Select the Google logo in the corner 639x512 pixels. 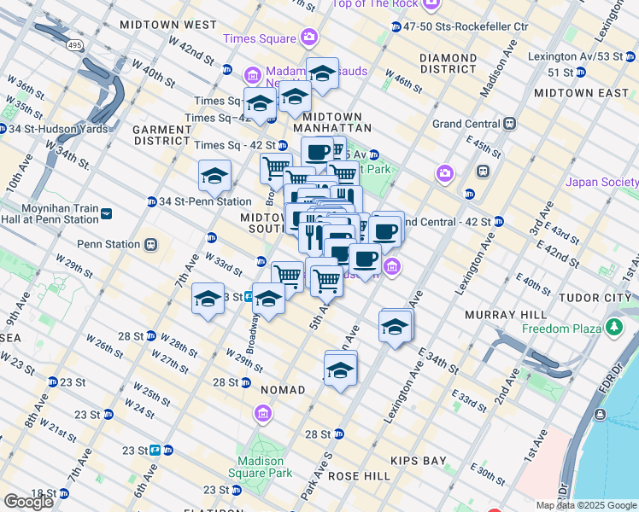[x=28, y=502]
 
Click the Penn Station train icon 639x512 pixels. [x=150, y=244]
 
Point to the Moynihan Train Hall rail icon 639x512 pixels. [x=106, y=213]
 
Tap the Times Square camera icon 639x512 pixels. [x=308, y=38]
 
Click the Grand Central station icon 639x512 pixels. [x=510, y=124]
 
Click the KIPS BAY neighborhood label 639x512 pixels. [x=419, y=461]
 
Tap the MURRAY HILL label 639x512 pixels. [x=499, y=315]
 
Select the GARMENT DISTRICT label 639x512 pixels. [x=161, y=135]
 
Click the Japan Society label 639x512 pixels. [x=602, y=182]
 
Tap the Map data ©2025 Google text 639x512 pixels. [x=587, y=505]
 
